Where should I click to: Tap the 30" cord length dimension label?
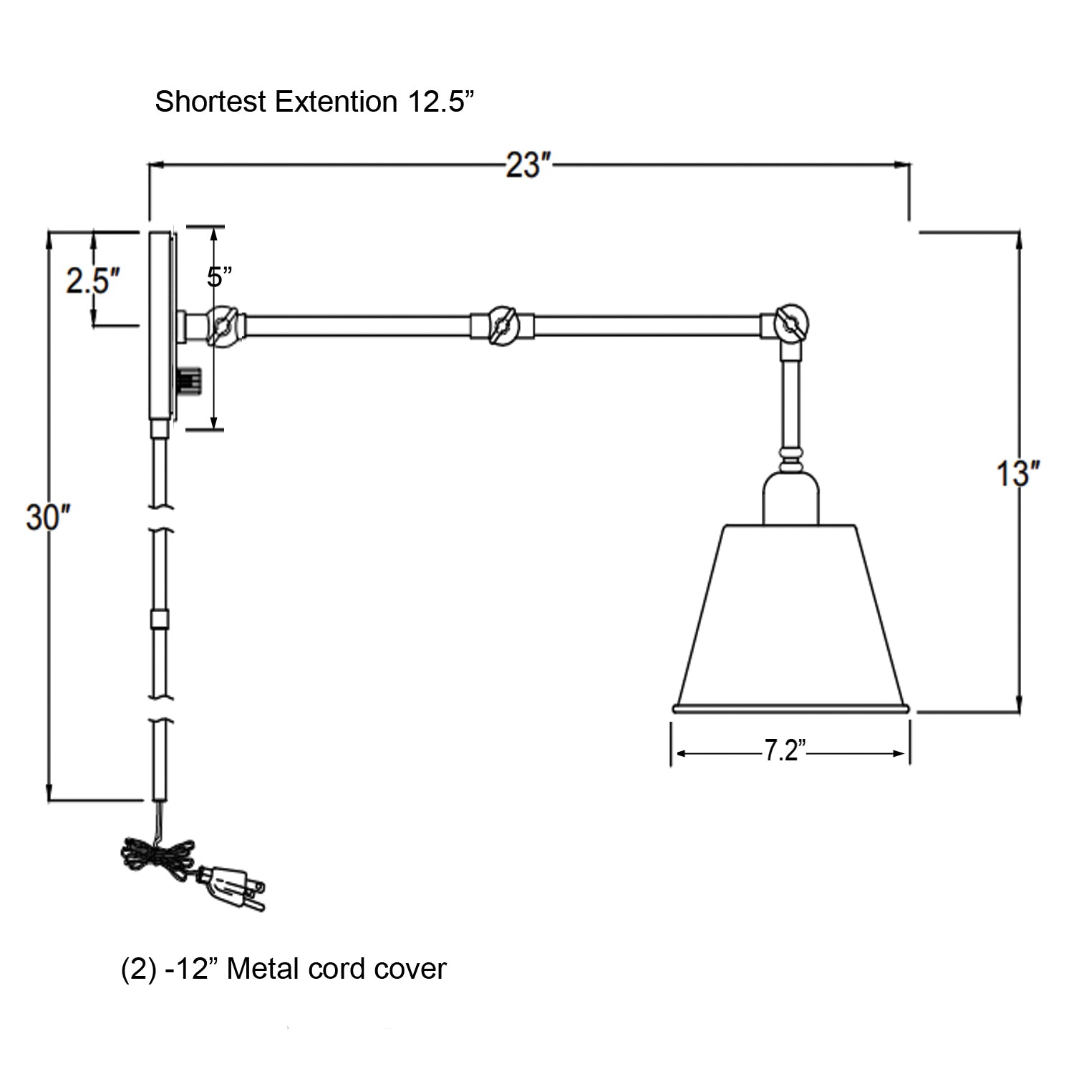[48, 517]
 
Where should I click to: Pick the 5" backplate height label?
[220, 276]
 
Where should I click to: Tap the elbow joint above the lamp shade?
[790, 324]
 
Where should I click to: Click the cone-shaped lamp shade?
[790, 616]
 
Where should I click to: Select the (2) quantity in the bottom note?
[134, 969]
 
